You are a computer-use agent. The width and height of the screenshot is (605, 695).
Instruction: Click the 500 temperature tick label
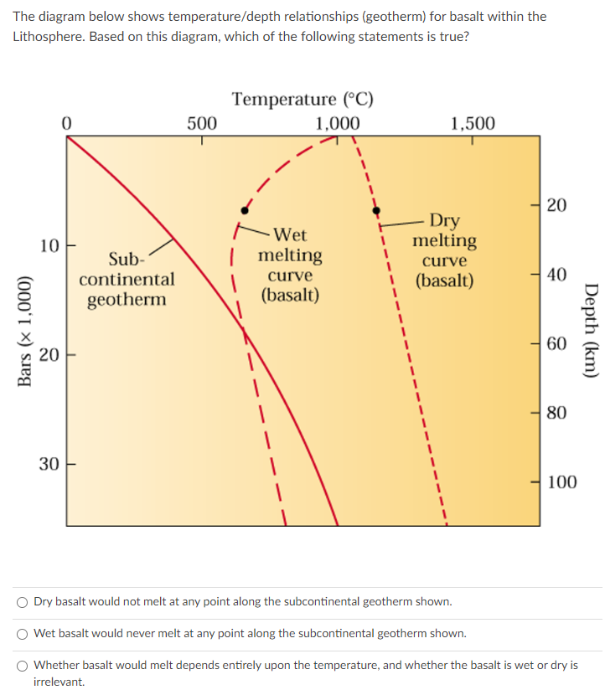201,124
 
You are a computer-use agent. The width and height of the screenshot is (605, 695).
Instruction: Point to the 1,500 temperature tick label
473,124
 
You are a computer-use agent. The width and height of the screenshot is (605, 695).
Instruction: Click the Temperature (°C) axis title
302,100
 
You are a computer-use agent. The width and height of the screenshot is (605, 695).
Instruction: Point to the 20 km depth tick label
556,205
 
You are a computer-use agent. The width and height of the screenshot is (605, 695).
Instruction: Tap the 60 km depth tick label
556,343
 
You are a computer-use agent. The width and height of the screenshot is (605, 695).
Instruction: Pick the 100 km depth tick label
561,481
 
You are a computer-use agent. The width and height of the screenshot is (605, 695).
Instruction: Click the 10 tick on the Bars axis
49,246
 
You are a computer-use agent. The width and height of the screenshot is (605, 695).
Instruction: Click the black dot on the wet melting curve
244,208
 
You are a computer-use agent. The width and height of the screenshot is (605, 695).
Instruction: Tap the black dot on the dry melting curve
376,209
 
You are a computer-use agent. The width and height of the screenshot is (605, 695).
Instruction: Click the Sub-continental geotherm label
127,279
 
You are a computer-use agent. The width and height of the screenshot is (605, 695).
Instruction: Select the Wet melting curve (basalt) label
290,265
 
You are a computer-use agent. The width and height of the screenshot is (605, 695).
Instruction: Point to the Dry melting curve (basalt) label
444,250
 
